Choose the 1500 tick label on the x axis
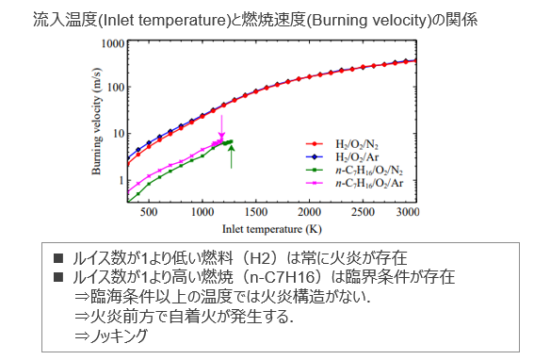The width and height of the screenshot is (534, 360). point(254,214)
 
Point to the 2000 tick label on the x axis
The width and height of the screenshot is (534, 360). point(305,214)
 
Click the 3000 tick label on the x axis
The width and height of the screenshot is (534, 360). point(408,214)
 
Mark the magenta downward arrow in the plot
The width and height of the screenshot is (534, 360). point(222,126)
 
